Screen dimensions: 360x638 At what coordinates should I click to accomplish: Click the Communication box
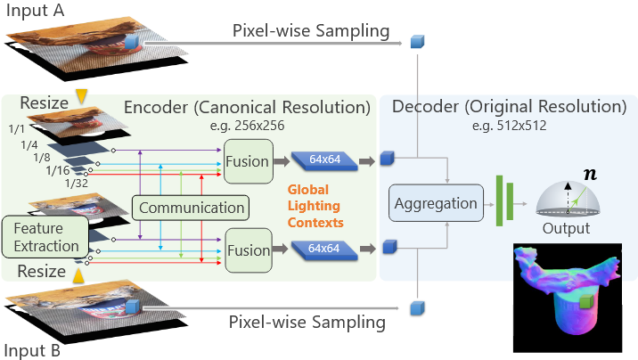tap(190, 209)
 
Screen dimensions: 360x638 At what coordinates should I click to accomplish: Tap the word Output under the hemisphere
tap(567, 229)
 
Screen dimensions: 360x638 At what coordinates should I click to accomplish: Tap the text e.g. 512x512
tap(512, 127)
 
